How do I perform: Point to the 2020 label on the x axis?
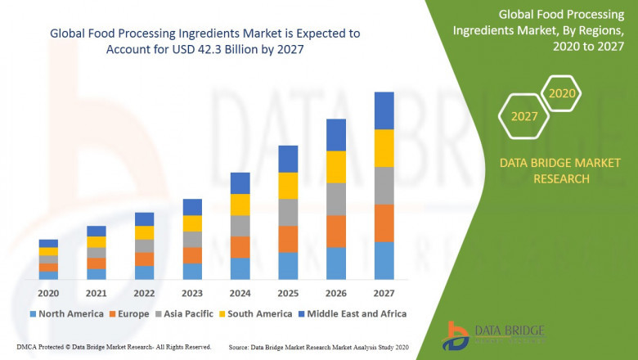pos(48,292)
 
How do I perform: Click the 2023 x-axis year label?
pos(192,292)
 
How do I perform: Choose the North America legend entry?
pos(66,313)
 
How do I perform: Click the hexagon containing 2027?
pos(524,116)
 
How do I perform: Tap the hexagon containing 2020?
pos(562,93)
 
